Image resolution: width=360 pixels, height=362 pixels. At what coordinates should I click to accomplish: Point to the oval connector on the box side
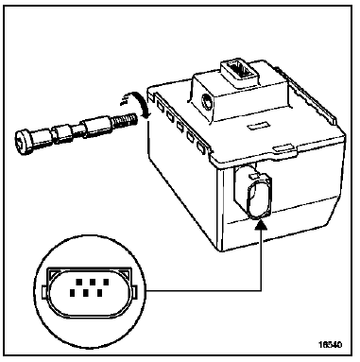[x=257, y=195]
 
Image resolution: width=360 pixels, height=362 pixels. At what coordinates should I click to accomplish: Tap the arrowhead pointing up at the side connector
[x=258, y=227]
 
